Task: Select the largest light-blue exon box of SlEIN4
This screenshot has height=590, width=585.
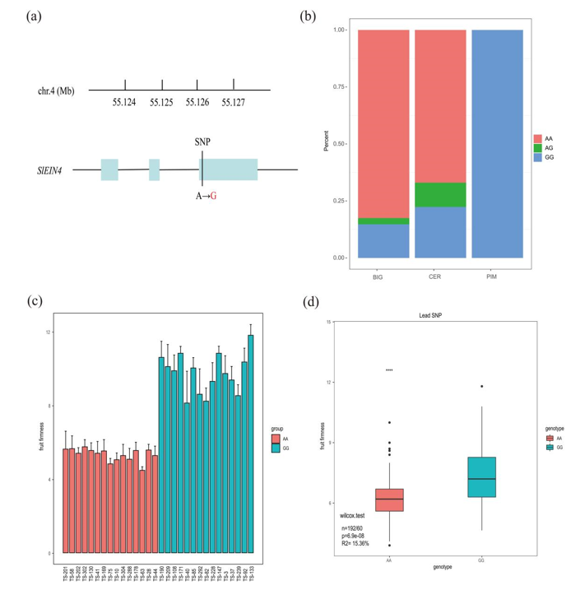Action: pos(230,169)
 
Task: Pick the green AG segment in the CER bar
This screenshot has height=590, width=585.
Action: pos(440,194)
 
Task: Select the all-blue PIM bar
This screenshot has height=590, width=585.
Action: pos(496,144)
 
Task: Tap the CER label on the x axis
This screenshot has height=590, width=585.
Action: pos(440,276)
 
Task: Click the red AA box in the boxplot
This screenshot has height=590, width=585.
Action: pos(389,500)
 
